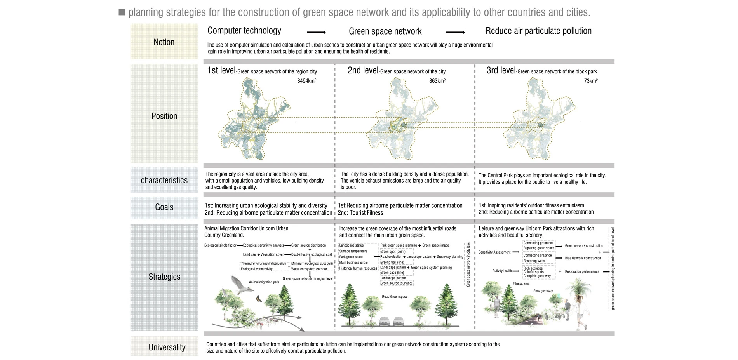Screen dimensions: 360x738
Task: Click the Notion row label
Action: pyautogui.click(x=164, y=42)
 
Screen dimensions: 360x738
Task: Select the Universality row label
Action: pyautogui.click(x=167, y=347)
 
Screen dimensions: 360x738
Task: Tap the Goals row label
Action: pyautogui.click(x=164, y=207)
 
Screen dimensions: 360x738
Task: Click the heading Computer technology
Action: pyautogui.click(x=244, y=31)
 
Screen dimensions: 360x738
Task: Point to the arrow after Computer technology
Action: pyautogui.click(x=316, y=33)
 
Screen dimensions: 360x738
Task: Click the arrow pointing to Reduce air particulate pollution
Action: pyautogui.click(x=455, y=33)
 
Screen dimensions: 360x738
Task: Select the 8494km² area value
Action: pyautogui.click(x=306, y=81)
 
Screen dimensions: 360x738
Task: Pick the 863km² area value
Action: pyautogui.click(x=437, y=81)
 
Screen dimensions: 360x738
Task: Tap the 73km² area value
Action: pyautogui.click(x=590, y=81)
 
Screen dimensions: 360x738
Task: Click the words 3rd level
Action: pyautogui.click(x=501, y=70)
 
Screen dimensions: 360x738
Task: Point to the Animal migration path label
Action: pyautogui.click(x=264, y=282)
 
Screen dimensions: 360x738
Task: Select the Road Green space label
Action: pyautogui.click(x=395, y=297)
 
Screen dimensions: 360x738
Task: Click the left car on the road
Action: pyautogui.click(x=385, y=321)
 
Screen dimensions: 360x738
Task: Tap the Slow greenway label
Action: pyautogui.click(x=543, y=291)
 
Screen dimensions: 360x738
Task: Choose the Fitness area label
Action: pyautogui.click(x=521, y=283)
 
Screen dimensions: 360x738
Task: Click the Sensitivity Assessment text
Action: pyautogui.click(x=494, y=252)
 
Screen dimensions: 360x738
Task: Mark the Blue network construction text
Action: pyautogui.click(x=583, y=258)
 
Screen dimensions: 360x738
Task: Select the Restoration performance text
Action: pyautogui.click(x=582, y=271)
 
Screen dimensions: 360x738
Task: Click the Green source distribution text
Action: pyautogui.click(x=308, y=245)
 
